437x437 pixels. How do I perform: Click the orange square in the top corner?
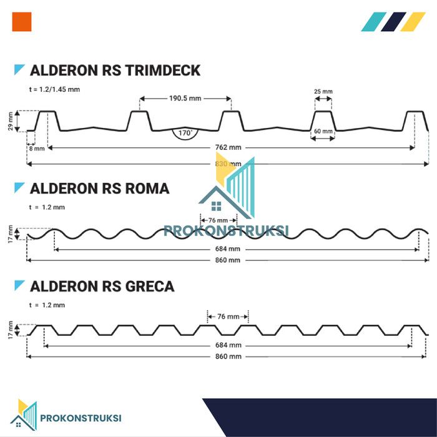tap(22, 22)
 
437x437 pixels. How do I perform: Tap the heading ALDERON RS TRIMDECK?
tap(115, 70)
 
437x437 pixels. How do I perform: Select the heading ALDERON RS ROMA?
tap(99, 188)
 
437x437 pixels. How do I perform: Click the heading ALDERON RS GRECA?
tap(102, 287)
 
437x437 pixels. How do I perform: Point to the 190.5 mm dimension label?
tap(185, 98)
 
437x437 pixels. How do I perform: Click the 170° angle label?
tap(185, 133)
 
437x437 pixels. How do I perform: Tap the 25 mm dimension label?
tap(323, 92)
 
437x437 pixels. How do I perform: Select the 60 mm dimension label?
tap(323, 132)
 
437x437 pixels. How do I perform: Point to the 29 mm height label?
tap(11, 120)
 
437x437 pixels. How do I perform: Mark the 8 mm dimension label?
tap(36, 149)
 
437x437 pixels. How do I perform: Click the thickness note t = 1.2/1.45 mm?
tap(54, 89)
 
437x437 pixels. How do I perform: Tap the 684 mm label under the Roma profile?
tap(231, 248)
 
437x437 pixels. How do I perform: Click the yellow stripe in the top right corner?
tap(413, 22)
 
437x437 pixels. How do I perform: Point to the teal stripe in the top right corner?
tap(373, 22)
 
